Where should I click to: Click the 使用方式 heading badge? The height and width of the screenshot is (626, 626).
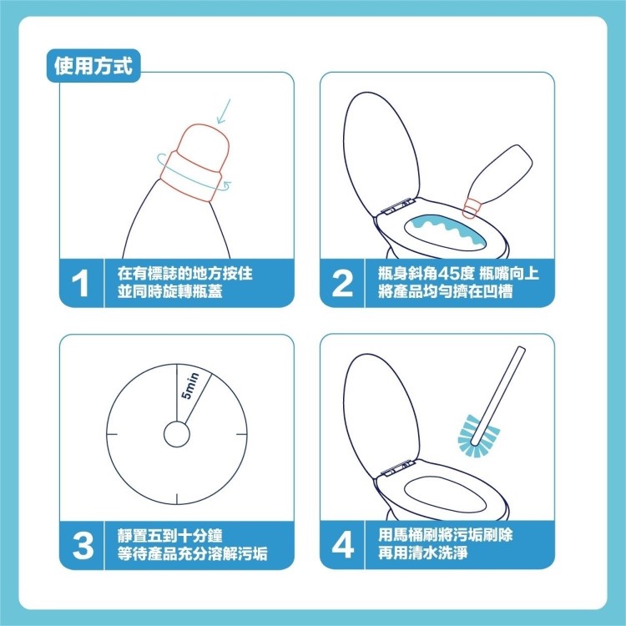pyautogui.click(x=93, y=66)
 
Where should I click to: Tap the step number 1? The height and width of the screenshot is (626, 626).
pyautogui.click(x=80, y=283)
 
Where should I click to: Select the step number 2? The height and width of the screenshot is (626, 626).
pyautogui.click(x=342, y=283)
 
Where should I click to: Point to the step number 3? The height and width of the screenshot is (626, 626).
pyautogui.click(x=83, y=545)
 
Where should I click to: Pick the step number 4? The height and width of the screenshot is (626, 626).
pyautogui.click(x=342, y=544)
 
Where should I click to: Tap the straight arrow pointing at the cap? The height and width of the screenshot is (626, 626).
pyautogui.click(x=224, y=111)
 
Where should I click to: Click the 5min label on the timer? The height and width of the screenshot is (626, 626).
pyautogui.click(x=189, y=386)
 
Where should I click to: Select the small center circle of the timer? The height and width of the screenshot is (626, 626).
pyautogui.click(x=176, y=434)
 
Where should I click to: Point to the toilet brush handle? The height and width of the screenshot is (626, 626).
pyautogui.click(x=498, y=396)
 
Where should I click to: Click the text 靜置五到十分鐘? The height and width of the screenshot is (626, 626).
pyautogui.click(x=170, y=536)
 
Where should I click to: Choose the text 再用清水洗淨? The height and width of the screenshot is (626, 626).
pyautogui.click(x=423, y=553)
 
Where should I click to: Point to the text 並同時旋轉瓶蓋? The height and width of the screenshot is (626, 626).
pyautogui.click(x=170, y=291)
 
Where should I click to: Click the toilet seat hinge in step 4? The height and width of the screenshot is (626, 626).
pyautogui.click(x=396, y=468)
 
